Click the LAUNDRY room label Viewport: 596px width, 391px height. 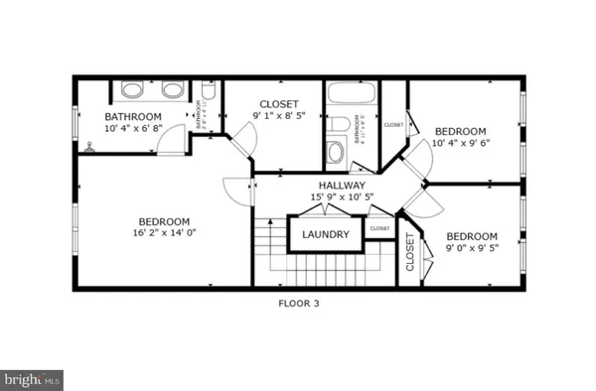(x=327, y=234)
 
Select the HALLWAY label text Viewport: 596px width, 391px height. (x=342, y=186)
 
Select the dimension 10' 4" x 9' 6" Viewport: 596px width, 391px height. (x=461, y=143)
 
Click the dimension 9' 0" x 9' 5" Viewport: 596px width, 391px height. (x=471, y=248)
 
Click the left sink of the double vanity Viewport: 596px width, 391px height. (x=131, y=90)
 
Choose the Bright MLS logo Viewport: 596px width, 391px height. (x=32, y=378)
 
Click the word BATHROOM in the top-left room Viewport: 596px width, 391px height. (x=133, y=117)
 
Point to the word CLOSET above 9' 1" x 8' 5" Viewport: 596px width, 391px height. (x=279, y=104)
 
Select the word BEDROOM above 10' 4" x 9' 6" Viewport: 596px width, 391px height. (x=461, y=131)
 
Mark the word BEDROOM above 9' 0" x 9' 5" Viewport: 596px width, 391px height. (x=471, y=236)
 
